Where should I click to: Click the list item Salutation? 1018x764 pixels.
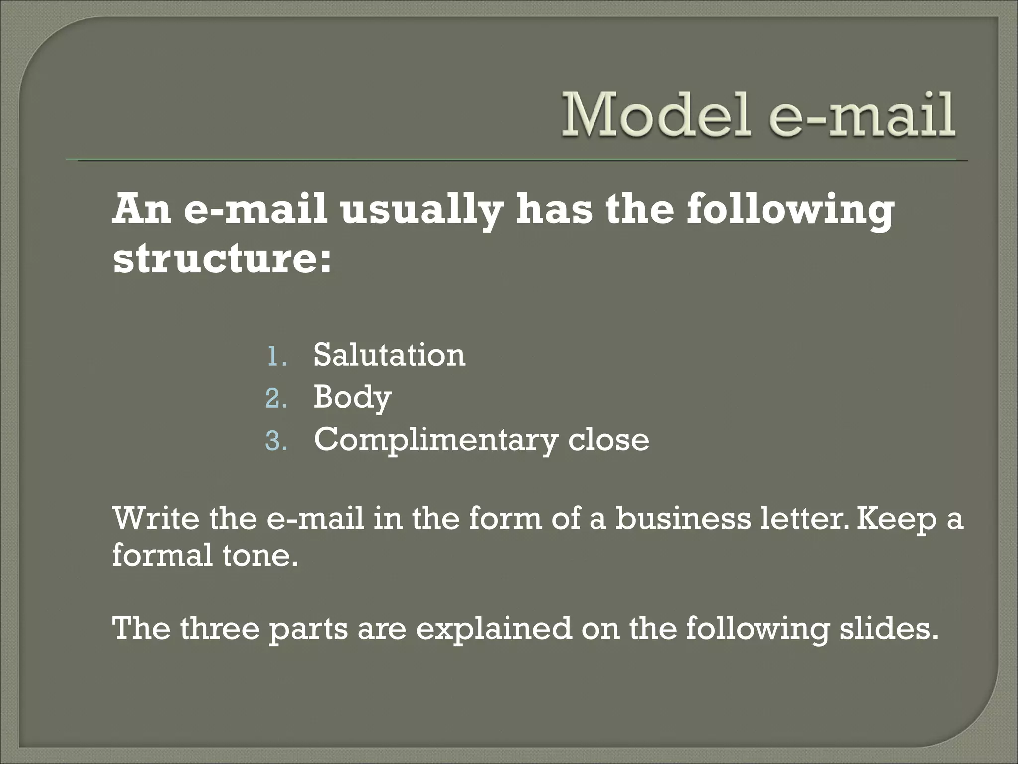point(389,355)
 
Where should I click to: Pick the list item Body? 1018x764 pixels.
point(352,398)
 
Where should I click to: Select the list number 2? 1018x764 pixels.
point(276,399)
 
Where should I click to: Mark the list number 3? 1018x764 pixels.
point(276,441)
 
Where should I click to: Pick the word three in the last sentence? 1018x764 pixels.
point(220,628)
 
